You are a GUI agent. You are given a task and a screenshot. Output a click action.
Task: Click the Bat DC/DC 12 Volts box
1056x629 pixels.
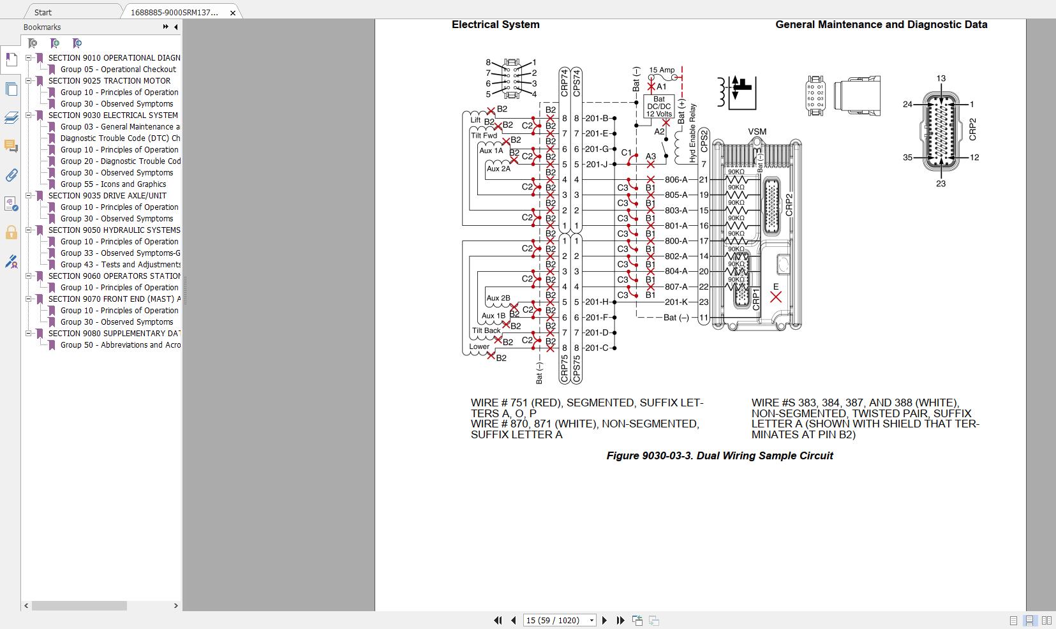[x=659, y=107]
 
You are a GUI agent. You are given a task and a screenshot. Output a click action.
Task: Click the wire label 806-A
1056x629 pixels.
[x=676, y=180]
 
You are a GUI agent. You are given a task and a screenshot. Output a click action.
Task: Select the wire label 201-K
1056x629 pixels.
[x=676, y=302]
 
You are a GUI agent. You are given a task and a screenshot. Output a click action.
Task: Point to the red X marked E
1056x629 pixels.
[x=776, y=297]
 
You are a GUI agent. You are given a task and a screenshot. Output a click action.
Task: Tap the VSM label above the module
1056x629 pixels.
[x=757, y=132]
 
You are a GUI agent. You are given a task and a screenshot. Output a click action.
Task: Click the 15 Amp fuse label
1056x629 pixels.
[x=662, y=70]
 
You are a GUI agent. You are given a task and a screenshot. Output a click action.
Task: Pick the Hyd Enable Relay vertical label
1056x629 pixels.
[x=693, y=133]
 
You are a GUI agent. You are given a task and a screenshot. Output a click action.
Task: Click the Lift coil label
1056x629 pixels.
[x=475, y=120]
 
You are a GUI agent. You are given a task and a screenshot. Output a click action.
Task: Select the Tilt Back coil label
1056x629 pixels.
[x=486, y=330]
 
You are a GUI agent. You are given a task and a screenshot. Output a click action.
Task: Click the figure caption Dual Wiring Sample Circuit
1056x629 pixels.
[x=720, y=455]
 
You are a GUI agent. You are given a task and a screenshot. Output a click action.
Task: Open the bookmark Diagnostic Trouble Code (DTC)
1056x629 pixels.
[x=120, y=138]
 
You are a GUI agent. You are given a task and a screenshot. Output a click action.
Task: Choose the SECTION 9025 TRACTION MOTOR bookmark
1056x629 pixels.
[x=109, y=81]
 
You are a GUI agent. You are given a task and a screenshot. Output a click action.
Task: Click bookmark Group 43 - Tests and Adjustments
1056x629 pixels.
[x=121, y=265]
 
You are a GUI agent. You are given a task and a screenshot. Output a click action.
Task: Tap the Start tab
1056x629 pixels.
[x=43, y=12]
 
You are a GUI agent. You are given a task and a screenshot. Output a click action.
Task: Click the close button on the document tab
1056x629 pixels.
[x=233, y=12]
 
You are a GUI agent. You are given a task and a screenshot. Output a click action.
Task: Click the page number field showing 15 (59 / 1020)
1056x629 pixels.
[x=555, y=620]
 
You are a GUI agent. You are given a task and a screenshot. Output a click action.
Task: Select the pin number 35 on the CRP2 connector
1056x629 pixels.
[x=907, y=158]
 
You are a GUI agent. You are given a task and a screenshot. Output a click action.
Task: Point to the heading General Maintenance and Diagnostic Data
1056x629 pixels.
[x=881, y=25]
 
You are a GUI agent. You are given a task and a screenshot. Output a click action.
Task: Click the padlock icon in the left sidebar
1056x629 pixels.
[x=11, y=232]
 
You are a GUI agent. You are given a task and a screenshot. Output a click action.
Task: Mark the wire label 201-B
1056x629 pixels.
[x=597, y=118]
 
